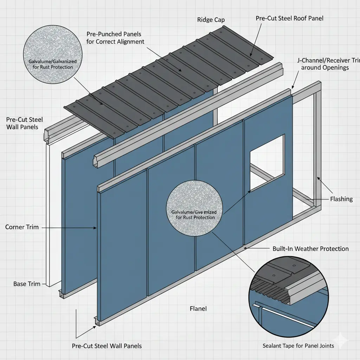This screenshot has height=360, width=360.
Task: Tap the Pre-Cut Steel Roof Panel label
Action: pyautogui.click(x=290, y=18)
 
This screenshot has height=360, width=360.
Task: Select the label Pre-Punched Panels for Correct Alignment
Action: pyautogui.click(x=115, y=38)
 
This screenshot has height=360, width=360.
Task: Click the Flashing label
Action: pyautogui.click(x=341, y=199)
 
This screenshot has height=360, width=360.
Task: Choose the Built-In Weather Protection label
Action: pyautogui.click(x=310, y=249)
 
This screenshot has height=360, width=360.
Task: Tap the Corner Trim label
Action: pyautogui.click(x=20, y=227)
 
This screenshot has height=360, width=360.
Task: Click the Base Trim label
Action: pyautogui.click(x=25, y=284)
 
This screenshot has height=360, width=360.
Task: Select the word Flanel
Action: pyautogui.click(x=198, y=309)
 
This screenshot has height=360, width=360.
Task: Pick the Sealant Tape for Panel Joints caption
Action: pyautogui.click(x=298, y=346)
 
